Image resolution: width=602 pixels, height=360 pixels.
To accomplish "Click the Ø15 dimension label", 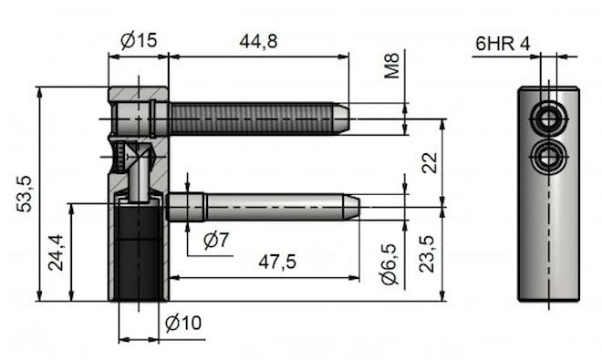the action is click(x=139, y=40).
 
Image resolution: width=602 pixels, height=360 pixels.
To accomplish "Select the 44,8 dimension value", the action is click(x=258, y=41).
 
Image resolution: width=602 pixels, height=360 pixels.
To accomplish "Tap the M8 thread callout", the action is click(x=392, y=66).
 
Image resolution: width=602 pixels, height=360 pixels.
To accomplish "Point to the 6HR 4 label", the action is click(x=503, y=44).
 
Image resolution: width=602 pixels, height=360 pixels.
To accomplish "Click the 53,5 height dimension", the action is click(x=25, y=194).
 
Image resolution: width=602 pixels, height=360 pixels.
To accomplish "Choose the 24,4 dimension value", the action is click(x=56, y=252).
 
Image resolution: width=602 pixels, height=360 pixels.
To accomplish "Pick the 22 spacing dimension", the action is click(x=430, y=163).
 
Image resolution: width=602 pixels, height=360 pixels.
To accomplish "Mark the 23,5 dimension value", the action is click(x=427, y=254).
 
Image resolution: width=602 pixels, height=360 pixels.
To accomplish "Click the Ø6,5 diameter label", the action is click(x=389, y=264).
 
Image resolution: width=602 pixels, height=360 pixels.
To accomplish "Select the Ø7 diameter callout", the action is click(x=216, y=241).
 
